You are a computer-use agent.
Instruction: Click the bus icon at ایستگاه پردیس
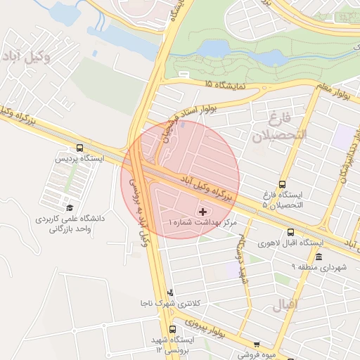tap(79, 149)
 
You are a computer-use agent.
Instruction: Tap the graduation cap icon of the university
tap(70, 207)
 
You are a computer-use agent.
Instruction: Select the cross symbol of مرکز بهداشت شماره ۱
tap(203, 211)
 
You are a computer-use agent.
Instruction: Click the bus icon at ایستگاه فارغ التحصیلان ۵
tap(283, 184)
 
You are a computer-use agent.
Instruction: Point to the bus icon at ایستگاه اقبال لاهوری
tap(290, 233)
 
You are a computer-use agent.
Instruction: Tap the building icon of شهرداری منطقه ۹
tap(319, 257)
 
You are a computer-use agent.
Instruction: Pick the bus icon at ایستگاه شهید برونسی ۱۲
tap(173, 329)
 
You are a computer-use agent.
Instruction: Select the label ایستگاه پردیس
tap(79, 160)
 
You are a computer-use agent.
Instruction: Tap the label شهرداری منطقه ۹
tap(319, 267)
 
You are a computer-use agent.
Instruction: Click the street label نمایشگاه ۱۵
tap(226, 84)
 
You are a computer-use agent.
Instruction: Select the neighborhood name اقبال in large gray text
tap(303, 304)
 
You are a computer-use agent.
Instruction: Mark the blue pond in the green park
tap(214, 49)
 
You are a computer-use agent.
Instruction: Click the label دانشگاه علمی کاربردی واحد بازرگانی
tap(70, 224)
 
